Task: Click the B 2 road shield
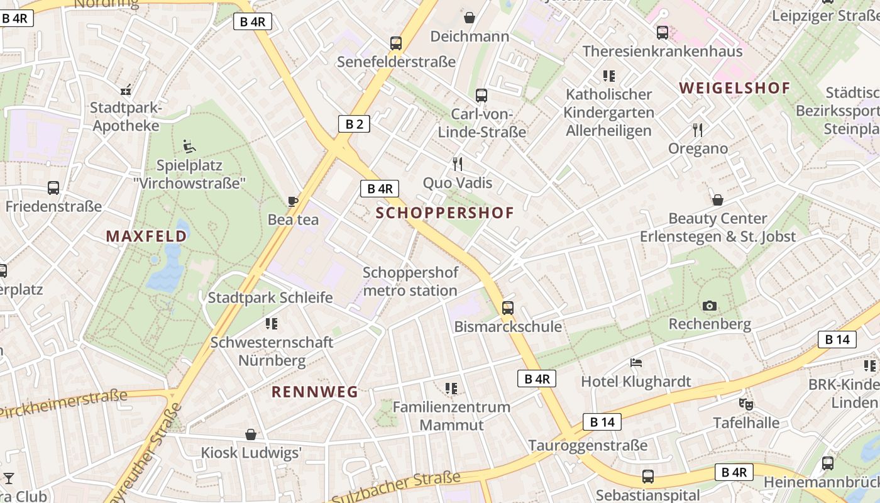click(354, 124)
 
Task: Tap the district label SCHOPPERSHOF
click(445, 213)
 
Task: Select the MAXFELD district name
click(146, 236)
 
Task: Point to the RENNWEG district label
click(314, 392)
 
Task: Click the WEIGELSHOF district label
click(735, 88)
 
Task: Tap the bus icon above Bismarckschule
click(508, 308)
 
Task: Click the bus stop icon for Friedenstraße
click(53, 187)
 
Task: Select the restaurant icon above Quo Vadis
click(458, 164)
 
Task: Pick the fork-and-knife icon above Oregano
click(698, 130)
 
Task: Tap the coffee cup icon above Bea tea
click(293, 201)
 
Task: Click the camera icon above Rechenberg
click(710, 306)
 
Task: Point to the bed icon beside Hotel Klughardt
click(636, 363)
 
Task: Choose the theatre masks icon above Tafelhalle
click(746, 404)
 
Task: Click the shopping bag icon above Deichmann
click(470, 18)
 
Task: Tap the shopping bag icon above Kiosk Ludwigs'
click(251, 434)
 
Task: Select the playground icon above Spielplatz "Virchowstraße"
click(189, 147)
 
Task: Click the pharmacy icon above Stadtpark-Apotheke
click(126, 90)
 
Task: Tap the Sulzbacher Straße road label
click(396, 487)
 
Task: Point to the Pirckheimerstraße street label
click(63, 403)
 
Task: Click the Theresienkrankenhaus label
click(663, 51)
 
